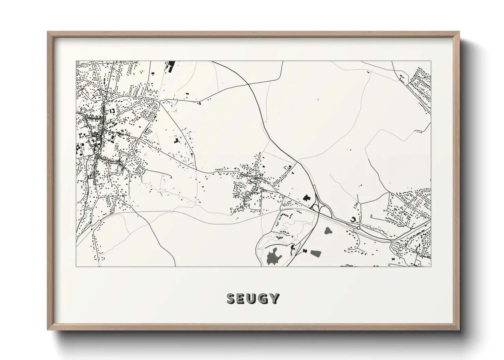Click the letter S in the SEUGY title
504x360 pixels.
click(x=231, y=299)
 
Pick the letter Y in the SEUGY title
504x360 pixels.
click(x=275, y=299)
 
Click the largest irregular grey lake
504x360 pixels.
click(x=274, y=256)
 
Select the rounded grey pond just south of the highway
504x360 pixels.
click(x=329, y=231)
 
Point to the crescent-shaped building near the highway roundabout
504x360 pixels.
click(x=353, y=220)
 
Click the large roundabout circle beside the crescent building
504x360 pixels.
click(x=359, y=228)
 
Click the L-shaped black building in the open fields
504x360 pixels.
click(x=176, y=141)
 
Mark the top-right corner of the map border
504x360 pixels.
click(x=431, y=61)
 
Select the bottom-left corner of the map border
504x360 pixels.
click(x=76, y=266)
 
